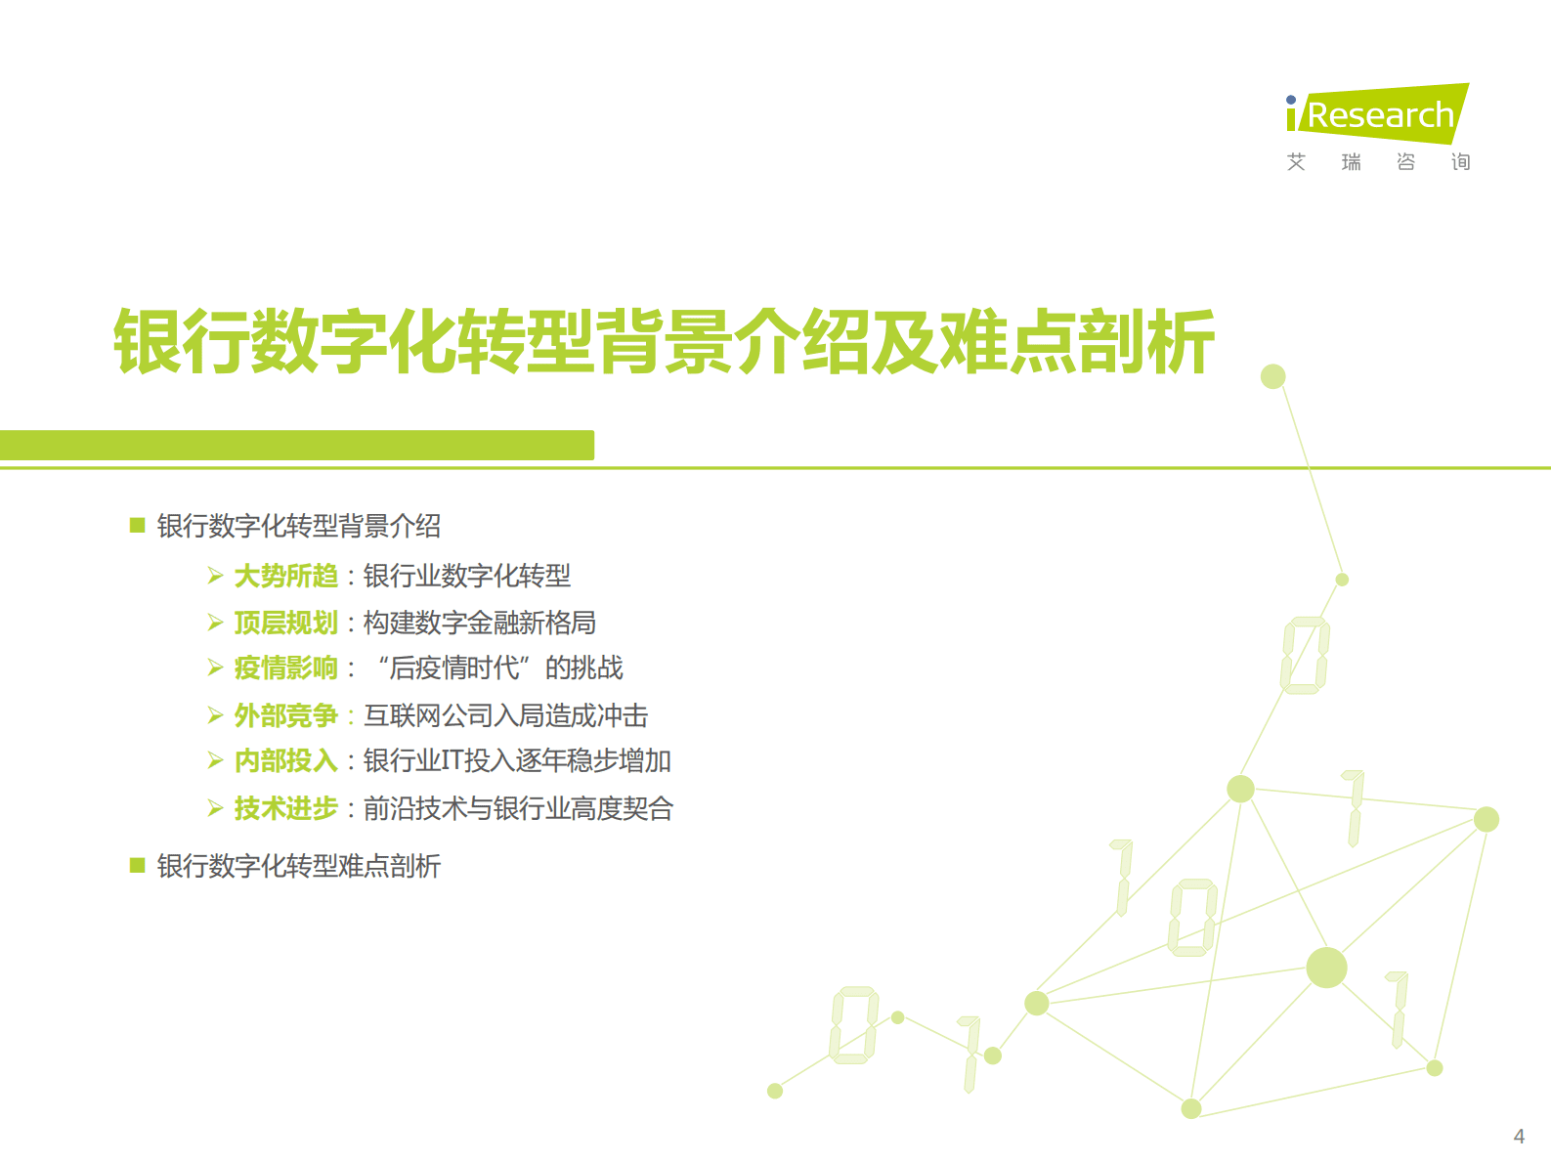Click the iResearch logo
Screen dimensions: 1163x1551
click(1378, 114)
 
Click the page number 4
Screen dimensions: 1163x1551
click(1519, 1137)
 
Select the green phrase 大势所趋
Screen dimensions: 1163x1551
click(285, 577)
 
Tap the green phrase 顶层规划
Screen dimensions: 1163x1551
click(285, 623)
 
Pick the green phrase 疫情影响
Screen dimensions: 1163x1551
click(285, 668)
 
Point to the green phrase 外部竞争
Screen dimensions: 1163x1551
click(285, 715)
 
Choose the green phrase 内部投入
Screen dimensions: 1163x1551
click(285, 761)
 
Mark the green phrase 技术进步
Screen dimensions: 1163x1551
click(285, 808)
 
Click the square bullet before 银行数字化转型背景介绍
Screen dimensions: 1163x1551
click(138, 526)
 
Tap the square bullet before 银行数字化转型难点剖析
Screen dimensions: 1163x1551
click(138, 865)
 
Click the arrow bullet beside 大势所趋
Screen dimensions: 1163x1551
click(216, 577)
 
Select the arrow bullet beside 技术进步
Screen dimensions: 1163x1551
click(216, 808)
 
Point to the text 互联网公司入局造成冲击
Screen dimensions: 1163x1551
click(505, 715)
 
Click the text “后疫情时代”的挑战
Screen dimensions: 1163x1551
click(500, 668)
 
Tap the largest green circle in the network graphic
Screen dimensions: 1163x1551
click(1326, 968)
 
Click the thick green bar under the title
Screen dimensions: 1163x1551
click(297, 445)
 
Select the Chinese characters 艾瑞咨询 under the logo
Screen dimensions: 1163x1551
click(1378, 162)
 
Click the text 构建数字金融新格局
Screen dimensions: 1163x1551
click(479, 623)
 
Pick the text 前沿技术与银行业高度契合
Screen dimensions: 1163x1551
click(518, 808)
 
